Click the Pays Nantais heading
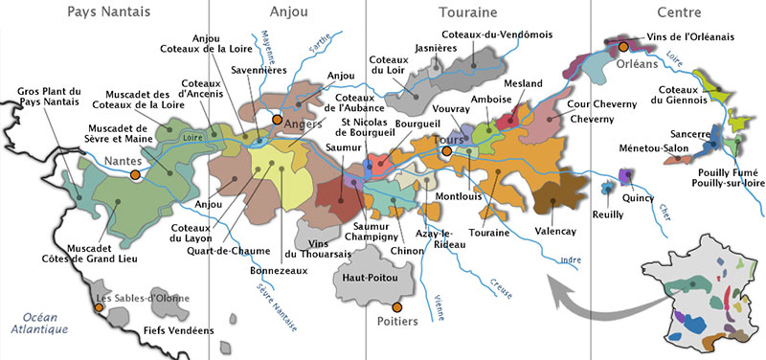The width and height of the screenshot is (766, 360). click(x=108, y=12)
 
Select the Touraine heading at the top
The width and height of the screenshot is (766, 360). click(x=468, y=12)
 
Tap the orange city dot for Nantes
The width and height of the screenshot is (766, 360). click(x=136, y=175)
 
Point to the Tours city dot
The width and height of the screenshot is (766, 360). click(x=446, y=149)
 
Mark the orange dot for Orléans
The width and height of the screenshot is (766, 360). click(x=623, y=45)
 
